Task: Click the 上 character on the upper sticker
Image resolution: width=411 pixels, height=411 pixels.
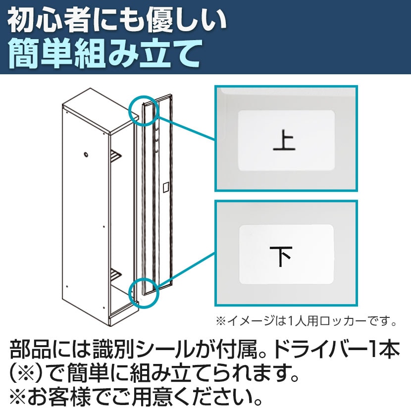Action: click(284, 141)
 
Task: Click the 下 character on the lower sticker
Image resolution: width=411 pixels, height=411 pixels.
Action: click(281, 256)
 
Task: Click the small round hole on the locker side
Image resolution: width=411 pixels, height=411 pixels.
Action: click(86, 154)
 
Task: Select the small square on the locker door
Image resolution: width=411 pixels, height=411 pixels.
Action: click(166, 187)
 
